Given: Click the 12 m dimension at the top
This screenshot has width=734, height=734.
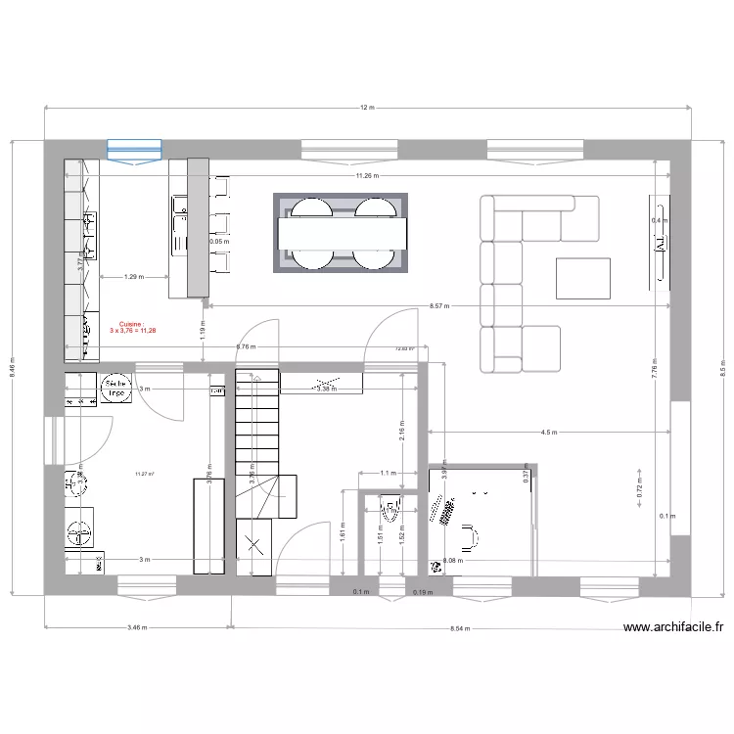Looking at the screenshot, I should [x=367, y=107].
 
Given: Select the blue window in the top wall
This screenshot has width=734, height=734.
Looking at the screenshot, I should [x=134, y=150].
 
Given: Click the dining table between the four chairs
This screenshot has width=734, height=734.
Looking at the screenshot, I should [x=342, y=233].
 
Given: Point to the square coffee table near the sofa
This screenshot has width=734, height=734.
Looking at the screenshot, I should [x=583, y=277].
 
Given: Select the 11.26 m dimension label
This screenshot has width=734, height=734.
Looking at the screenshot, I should [x=367, y=175].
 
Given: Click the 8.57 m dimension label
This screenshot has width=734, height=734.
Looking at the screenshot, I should [x=439, y=306].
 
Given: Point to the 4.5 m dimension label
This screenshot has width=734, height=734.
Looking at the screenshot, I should [x=548, y=432].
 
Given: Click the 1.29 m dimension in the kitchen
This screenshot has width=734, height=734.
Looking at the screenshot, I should [x=133, y=277].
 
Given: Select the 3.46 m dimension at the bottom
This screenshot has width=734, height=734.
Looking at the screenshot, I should [x=137, y=628].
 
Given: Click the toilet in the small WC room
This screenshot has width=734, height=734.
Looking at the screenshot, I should [x=390, y=512].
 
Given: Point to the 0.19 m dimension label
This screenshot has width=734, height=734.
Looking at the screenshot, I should [x=423, y=591].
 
